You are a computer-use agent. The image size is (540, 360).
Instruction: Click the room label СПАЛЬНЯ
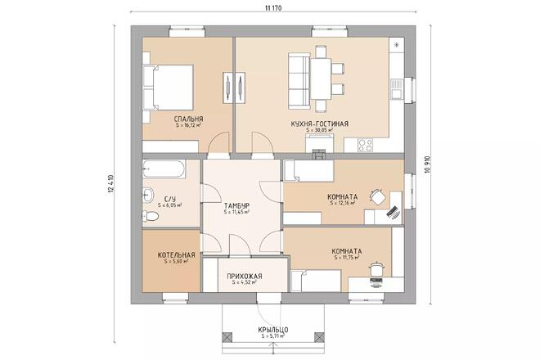pyautogui.click(x=188, y=119)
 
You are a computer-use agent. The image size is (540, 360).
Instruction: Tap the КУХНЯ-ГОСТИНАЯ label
pyautogui.click(x=319, y=124)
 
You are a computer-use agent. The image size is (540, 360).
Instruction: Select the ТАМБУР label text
pyautogui.click(x=236, y=205)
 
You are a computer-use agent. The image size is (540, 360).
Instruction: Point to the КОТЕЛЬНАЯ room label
pyautogui.click(x=177, y=255)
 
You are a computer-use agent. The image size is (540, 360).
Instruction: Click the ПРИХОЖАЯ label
pyautogui.click(x=245, y=277)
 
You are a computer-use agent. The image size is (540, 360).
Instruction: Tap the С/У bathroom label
pyautogui.click(x=170, y=199)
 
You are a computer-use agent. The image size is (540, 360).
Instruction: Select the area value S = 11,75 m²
pyautogui.click(x=347, y=258)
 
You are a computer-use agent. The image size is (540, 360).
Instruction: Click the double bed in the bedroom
pyautogui.click(x=170, y=83)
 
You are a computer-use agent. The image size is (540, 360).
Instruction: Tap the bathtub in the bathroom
pyautogui.click(x=164, y=171)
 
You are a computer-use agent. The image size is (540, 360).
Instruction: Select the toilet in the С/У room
pyautogui.click(x=150, y=216)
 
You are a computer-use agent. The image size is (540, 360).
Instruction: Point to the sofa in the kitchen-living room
pyautogui.click(x=296, y=74)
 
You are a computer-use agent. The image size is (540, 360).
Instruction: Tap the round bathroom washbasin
pyautogui.click(x=147, y=194)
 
